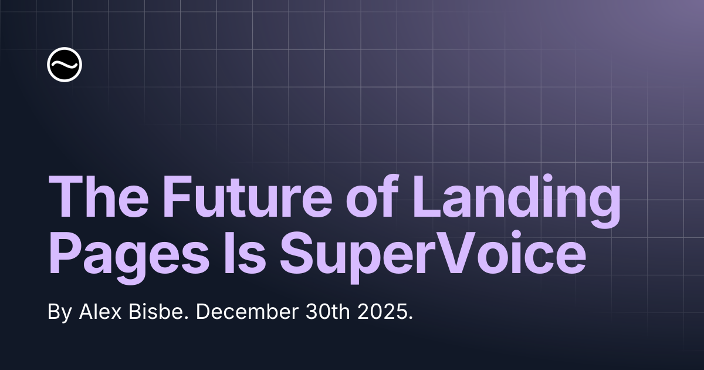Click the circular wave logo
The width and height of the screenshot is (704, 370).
[65, 65]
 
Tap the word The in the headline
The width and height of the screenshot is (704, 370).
[99, 196]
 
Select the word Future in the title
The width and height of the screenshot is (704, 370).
[248, 196]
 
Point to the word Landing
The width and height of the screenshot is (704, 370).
[516, 201]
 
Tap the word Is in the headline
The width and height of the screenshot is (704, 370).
[243, 253]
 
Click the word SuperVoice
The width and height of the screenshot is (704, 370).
[433, 257]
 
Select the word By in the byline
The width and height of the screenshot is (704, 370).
[60, 313]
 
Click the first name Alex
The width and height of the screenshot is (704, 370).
[100, 312]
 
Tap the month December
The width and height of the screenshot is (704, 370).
[247, 312]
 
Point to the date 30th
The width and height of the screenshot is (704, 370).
[327, 312]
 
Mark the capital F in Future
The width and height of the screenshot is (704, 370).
[178, 196]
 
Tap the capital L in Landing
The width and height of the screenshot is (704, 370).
[428, 196]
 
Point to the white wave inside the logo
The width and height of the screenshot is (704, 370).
[65, 65]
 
